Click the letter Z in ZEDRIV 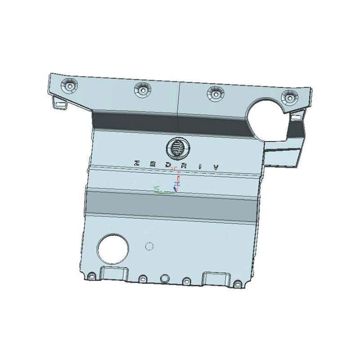tap(137, 163)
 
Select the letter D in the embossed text tap(168, 165)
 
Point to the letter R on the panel tap(184, 165)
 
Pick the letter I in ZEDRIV tap(200, 166)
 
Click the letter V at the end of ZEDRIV tap(216, 167)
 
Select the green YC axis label tap(156, 187)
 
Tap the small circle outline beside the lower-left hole tap(149, 246)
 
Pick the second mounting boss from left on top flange tap(142, 89)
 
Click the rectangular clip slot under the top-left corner tap(59, 104)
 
